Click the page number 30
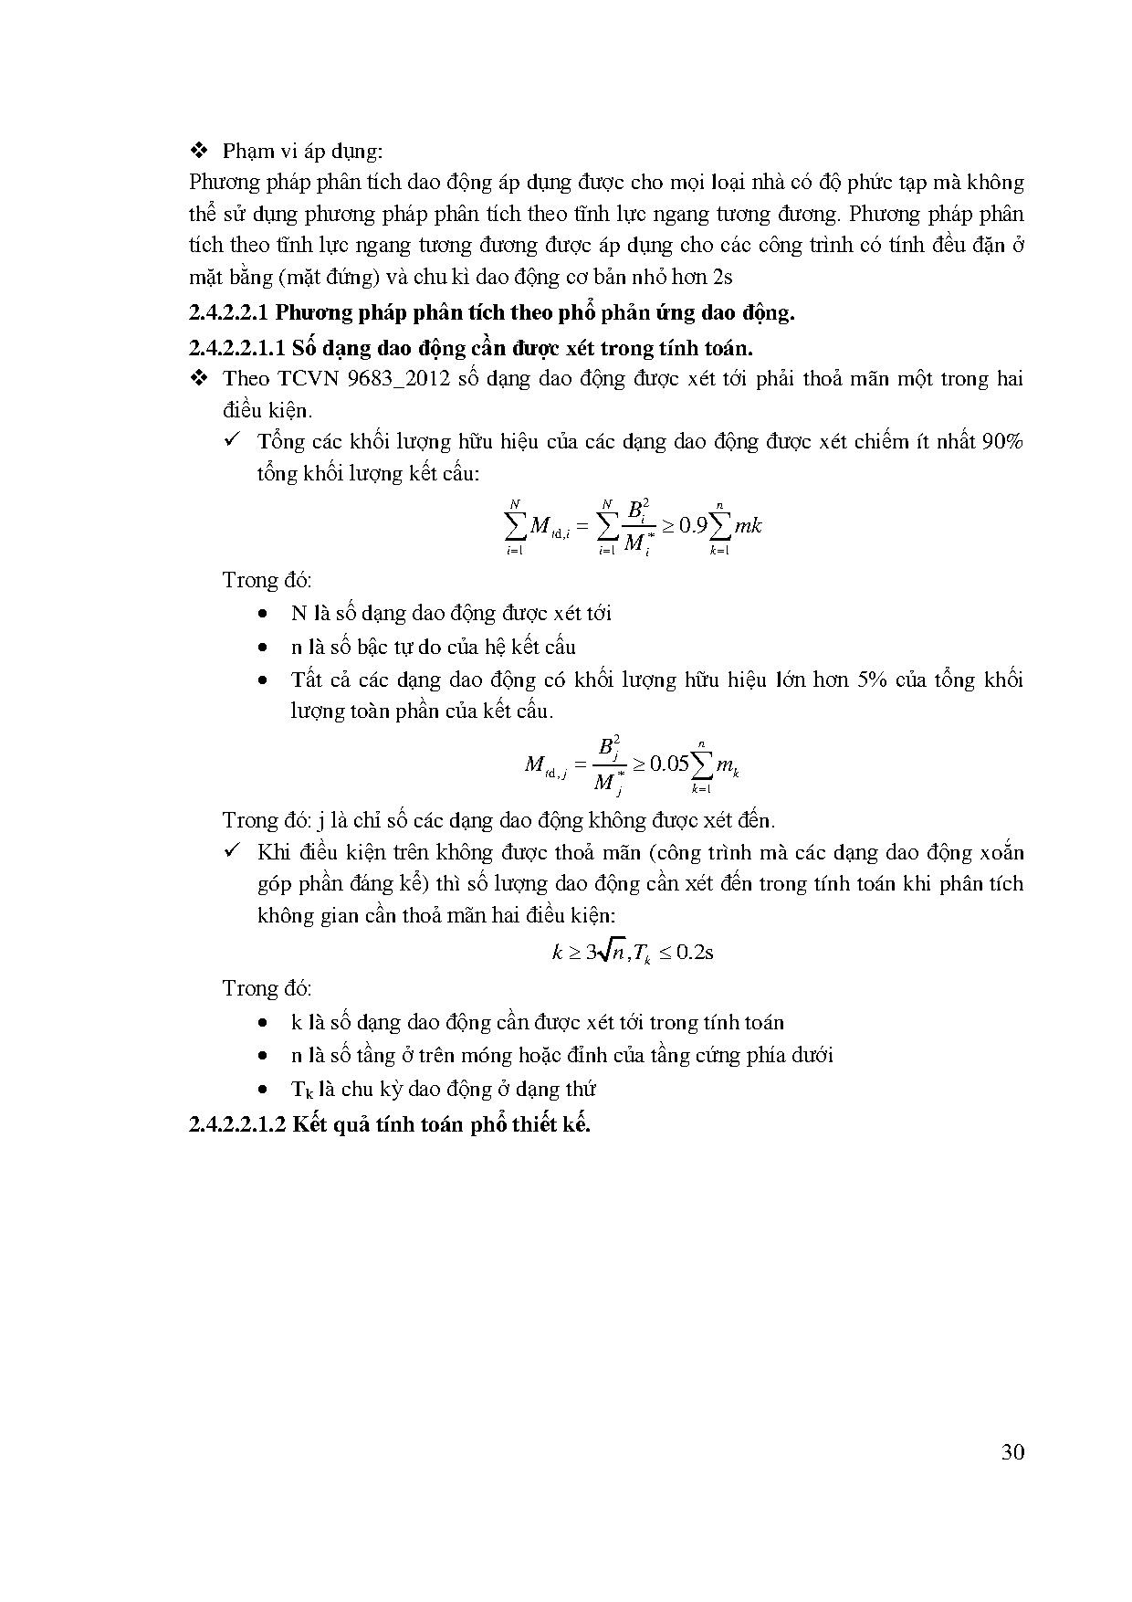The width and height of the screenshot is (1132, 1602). click(x=1012, y=1453)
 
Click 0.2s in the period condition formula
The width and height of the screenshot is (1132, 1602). click(x=695, y=953)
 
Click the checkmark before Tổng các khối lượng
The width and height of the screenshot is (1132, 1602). click(x=232, y=441)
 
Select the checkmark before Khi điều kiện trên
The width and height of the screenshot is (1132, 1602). click(x=232, y=852)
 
